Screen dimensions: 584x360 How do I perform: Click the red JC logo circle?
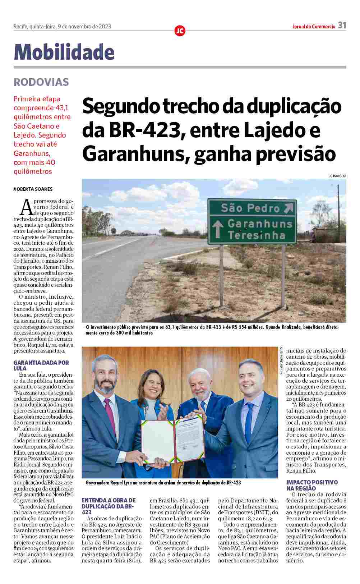[180, 31]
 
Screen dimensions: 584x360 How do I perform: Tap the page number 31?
[342, 26]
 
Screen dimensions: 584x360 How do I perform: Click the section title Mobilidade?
[64, 52]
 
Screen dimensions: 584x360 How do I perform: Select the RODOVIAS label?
[41, 82]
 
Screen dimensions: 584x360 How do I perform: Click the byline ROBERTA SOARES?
[33, 189]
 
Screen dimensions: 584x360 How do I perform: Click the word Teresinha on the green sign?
[256, 235]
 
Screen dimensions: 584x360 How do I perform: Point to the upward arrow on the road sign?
[217, 229]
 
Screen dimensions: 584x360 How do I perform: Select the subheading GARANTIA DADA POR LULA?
[41, 365]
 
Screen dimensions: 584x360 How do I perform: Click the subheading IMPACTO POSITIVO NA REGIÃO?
[312, 485]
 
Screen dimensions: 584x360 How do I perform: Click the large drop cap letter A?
[27, 207]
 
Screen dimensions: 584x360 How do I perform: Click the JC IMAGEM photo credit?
[337, 176]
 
